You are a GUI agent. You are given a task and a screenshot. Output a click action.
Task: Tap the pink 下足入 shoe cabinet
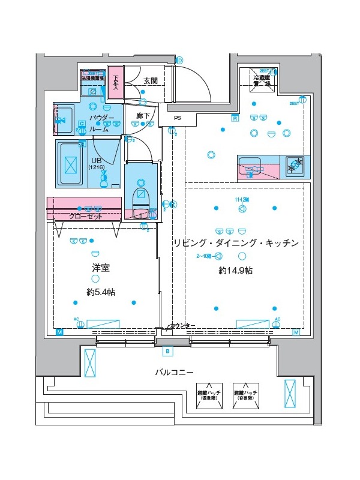(115, 82)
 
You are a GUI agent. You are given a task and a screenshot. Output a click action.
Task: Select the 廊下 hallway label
(143, 115)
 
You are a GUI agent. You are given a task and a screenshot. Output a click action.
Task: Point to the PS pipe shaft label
(177, 118)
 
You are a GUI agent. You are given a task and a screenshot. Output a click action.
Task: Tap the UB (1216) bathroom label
(97, 164)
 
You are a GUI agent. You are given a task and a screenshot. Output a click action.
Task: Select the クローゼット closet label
(85, 216)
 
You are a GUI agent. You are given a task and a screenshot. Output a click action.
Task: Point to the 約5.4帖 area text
(100, 292)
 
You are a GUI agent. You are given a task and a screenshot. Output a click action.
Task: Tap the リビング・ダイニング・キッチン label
(235, 243)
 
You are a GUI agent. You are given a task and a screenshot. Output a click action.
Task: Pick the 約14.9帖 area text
(235, 271)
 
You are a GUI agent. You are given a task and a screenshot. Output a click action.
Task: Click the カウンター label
(182, 325)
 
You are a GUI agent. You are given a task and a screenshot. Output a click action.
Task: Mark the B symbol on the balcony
(167, 350)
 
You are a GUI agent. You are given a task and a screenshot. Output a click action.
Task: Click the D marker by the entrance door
(179, 60)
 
